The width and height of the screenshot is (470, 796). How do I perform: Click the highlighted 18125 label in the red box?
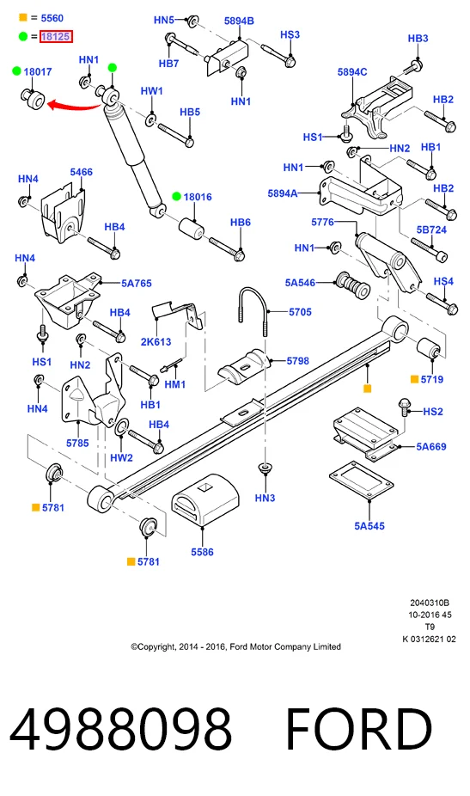56,37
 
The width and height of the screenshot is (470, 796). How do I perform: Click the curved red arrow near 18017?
74,107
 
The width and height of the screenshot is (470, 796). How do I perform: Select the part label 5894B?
239,21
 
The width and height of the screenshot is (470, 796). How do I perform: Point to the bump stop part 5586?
204,501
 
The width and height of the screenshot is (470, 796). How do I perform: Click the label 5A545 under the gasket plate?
369,526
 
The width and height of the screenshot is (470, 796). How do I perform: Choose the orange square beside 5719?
414,379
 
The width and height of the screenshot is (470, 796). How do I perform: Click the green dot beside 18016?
176,197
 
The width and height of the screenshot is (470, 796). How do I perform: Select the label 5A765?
136,284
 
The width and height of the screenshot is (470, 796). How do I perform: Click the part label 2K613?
156,341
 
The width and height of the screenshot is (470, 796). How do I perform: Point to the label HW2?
121,457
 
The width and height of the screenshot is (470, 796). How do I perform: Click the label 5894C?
352,72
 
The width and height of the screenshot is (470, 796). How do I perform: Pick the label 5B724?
431,230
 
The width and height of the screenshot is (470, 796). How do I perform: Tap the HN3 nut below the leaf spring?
265,468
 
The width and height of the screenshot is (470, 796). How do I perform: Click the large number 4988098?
121,729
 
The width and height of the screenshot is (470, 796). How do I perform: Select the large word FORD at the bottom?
359,729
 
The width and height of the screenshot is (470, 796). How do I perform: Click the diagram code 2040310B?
430,603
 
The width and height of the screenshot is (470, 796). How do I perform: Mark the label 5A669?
431,447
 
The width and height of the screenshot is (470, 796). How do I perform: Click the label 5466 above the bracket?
82,172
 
